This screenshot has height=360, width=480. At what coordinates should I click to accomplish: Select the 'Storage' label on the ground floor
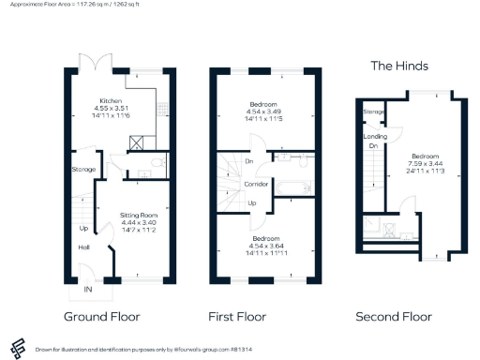pyautogui.click(x=82, y=170)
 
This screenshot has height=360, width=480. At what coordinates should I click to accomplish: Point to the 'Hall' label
pyautogui.click(x=82, y=247)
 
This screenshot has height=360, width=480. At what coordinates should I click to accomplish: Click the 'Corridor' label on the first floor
pyautogui.click(x=258, y=184)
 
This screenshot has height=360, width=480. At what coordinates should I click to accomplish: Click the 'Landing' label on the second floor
pyautogui.click(x=370, y=134)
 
